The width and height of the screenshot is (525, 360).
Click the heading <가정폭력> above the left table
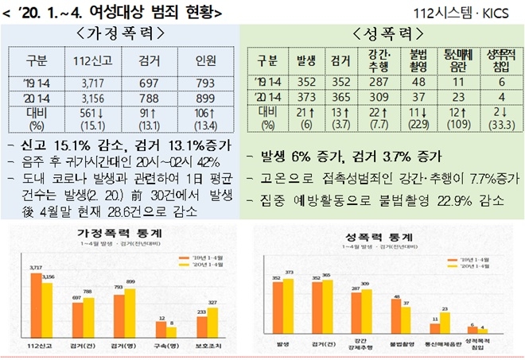click(122, 33)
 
